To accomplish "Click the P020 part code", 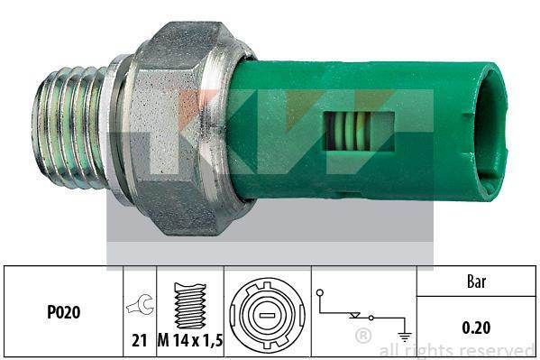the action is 64,312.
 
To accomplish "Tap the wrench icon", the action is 140,304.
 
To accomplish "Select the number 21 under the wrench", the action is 140,340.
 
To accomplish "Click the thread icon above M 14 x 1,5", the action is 190,306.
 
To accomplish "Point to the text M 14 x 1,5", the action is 190,340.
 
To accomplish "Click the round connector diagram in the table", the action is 267,315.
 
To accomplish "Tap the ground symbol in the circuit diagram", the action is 405,336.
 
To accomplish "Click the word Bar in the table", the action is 476,282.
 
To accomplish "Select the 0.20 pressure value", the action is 476,328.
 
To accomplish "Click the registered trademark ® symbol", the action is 363,336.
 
